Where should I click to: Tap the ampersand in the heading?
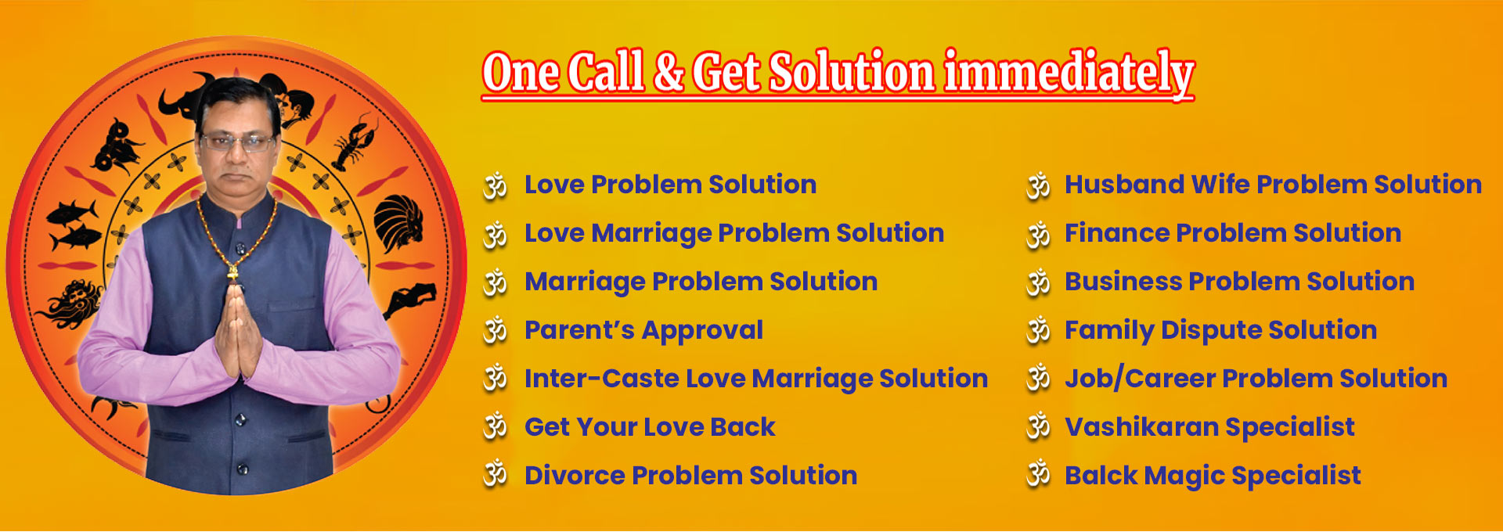pyautogui.click(x=669, y=72)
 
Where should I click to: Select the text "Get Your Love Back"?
pyautogui.click(x=650, y=427)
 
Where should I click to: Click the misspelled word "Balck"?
pyautogui.click(x=1101, y=475)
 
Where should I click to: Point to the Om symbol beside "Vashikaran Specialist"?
pyautogui.click(x=1039, y=426)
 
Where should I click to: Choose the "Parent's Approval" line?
pyautogui.click(x=643, y=330)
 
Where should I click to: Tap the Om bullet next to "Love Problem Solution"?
pyautogui.click(x=496, y=185)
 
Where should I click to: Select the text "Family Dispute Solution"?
pyautogui.click(x=1220, y=330)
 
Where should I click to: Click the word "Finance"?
pyautogui.click(x=1116, y=232)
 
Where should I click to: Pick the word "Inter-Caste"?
pyautogui.click(x=601, y=379)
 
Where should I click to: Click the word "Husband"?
pyautogui.click(x=1124, y=184)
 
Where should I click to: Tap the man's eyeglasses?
pyautogui.click(x=238, y=142)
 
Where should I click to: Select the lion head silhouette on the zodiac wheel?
pyautogui.click(x=398, y=224)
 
